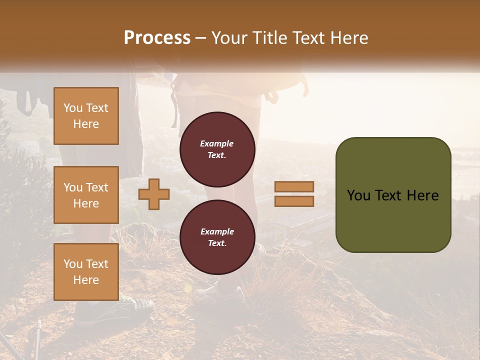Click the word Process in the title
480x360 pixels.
point(157,38)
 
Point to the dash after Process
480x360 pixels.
point(200,38)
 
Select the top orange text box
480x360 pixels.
point(86,116)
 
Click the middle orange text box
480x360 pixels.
point(86,195)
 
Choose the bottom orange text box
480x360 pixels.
point(86,272)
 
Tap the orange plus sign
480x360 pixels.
point(154,194)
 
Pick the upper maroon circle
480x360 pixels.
point(217,149)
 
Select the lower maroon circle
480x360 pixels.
point(217,237)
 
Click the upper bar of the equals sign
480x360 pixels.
point(294,187)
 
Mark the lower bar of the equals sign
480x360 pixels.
point(294,201)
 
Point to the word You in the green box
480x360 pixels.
point(358,195)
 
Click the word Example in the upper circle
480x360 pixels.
point(217,143)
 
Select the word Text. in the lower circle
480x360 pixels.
point(217,243)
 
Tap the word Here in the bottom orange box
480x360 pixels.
point(86,280)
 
